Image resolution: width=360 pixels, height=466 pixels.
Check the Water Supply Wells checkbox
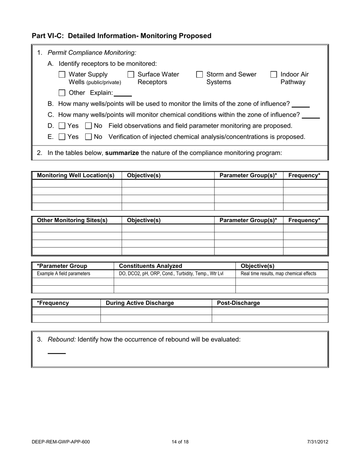pyautogui.click(x=62, y=75)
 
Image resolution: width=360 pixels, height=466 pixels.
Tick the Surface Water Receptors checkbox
pyautogui.click(x=131, y=75)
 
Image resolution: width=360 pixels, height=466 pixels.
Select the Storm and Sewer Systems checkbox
pyautogui.click(x=200, y=75)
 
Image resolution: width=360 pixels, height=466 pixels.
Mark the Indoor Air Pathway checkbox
pyautogui.click(x=274, y=75)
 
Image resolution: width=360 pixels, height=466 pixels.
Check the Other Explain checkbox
pyautogui.click(x=62, y=93)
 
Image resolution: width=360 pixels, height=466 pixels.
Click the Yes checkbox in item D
pyautogui.click(x=62, y=126)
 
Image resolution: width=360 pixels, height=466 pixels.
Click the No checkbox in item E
pyautogui.click(x=89, y=137)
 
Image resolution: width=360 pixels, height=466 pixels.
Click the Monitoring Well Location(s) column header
pyautogui.click(x=76, y=175)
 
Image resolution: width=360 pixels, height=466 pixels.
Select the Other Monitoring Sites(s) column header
pyautogui.click(x=72, y=220)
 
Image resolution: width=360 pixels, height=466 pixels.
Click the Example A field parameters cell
pyautogui.click(x=64, y=274)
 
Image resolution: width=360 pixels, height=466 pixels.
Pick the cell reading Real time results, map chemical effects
pyautogui.click(x=279, y=274)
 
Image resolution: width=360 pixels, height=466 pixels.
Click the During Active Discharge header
pyautogui.click(x=140, y=303)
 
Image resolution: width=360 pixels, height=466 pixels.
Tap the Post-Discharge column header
pyautogui.click(x=238, y=303)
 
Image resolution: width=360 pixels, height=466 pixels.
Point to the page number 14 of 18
pyautogui.click(x=180, y=442)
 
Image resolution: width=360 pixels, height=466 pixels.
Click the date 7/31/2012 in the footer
pyautogui.click(x=318, y=442)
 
